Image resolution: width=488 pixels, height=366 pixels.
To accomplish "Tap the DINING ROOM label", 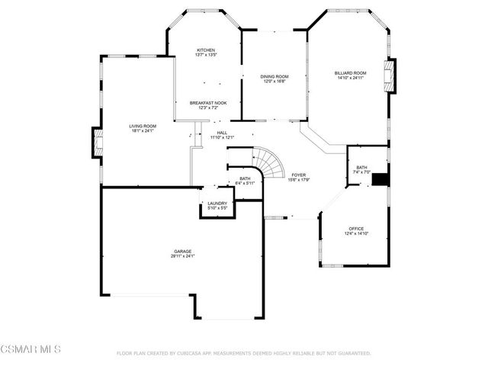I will coord(274,76).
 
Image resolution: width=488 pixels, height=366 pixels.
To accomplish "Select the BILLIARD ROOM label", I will coord(350,72).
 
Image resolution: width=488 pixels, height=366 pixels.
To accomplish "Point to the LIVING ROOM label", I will coord(142,126).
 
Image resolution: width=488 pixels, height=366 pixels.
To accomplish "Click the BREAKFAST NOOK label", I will coord(207,103).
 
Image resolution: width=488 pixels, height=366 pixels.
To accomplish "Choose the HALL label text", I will coord(222,133).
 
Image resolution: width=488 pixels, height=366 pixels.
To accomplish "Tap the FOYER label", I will coord(298,175).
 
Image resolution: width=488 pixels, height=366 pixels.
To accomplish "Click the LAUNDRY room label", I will coord(217,204).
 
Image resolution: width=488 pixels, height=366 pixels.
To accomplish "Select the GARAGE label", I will coord(182,251).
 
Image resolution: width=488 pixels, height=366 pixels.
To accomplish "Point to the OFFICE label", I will coord(356,229).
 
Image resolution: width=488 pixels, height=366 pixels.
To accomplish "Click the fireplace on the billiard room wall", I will coord(392,76).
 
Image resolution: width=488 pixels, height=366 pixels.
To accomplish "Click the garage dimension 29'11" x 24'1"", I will coord(182,255).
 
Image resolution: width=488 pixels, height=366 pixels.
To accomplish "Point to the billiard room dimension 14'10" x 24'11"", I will coord(350,77).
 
